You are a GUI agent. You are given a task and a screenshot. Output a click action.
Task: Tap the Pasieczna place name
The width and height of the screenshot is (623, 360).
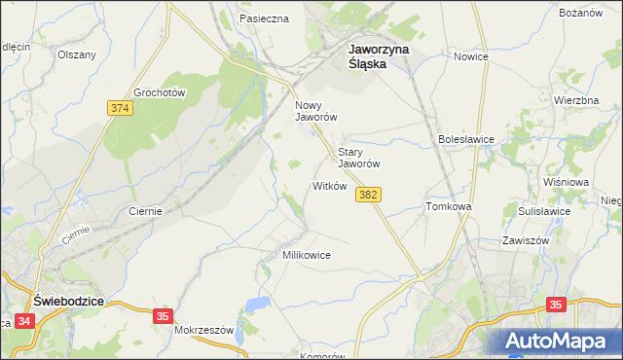coord(264,18)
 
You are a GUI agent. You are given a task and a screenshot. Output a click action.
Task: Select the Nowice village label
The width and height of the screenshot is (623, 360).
coord(470,56)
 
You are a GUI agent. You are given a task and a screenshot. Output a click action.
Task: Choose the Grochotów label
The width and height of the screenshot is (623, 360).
coord(160,92)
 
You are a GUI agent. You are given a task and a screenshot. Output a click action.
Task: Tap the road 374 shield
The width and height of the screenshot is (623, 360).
coord(121,108)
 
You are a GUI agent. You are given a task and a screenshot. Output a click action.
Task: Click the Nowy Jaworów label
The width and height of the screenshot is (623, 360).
coord(315,110)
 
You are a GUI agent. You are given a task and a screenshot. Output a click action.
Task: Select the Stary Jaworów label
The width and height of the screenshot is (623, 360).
coord(357,158)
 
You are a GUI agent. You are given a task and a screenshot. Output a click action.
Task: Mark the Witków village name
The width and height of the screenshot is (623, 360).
coord(329,186)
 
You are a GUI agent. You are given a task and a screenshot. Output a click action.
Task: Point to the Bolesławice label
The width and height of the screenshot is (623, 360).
coord(466,139)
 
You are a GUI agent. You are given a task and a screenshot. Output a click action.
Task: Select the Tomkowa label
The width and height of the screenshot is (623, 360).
coord(449,207)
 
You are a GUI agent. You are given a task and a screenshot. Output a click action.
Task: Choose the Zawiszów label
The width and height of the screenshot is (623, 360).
coord(526,239)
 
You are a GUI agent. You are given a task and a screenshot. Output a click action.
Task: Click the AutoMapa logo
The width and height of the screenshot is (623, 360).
coord(559,342)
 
